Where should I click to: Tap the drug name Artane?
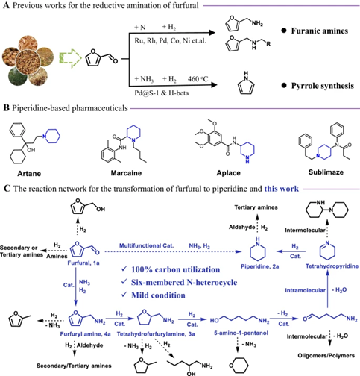29,173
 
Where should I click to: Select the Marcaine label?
126,173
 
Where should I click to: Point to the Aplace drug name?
229,173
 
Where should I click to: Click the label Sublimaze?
326,172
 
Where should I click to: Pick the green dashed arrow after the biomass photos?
70,58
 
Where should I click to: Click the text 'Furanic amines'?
320,31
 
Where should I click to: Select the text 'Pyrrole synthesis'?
323,86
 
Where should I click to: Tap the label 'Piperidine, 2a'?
259,266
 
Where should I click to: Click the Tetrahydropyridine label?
332,266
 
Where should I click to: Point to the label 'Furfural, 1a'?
83,263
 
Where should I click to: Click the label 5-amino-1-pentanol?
241,333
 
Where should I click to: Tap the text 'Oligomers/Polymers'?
326,356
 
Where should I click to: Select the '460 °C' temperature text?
198,79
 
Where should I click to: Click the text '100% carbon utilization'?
176,269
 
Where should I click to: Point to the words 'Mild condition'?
158,295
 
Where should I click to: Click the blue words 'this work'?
282,189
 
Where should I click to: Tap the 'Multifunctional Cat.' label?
146,245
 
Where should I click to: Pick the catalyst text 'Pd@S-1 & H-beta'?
162,93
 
